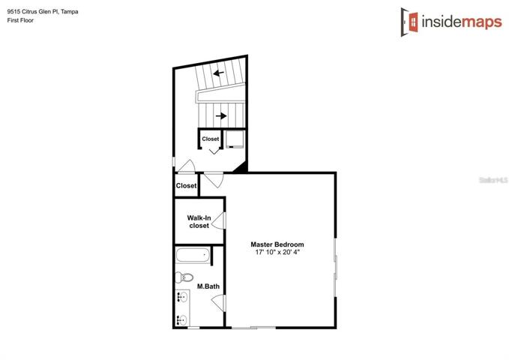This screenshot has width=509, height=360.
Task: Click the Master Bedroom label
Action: click(x=277, y=244)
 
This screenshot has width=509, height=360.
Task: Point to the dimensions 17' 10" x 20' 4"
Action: click(x=277, y=252)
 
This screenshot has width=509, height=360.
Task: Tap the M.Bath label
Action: click(x=208, y=286)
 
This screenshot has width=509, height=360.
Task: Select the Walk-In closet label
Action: click(x=199, y=221)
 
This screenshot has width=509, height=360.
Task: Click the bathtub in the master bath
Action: click(x=193, y=255)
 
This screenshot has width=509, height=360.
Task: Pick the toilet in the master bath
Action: click(x=184, y=277)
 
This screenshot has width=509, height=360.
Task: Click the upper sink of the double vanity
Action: click(x=182, y=297)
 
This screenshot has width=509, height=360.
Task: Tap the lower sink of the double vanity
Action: click(x=182, y=320)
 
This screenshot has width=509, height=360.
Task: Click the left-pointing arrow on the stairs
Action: click(x=218, y=73)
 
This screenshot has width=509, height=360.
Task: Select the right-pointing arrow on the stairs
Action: click(x=221, y=115)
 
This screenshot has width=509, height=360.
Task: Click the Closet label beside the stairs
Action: click(x=211, y=139)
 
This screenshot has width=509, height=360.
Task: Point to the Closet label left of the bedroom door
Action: click(x=187, y=185)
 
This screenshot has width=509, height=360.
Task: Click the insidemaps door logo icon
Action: click(x=409, y=22)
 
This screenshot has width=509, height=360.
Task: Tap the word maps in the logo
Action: click(x=482, y=22)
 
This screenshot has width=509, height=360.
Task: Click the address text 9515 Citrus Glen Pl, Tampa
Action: click(x=43, y=12)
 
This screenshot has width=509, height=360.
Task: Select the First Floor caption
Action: click(x=20, y=20)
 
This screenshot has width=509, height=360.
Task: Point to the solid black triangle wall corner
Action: click(x=242, y=168)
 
